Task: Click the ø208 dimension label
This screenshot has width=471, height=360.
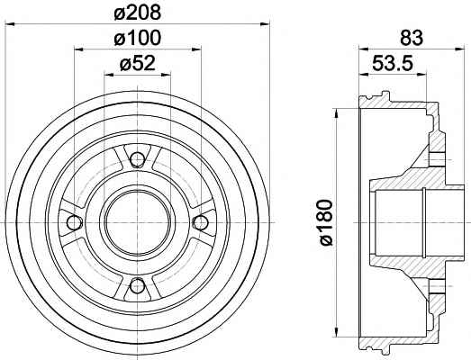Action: pos(138,13)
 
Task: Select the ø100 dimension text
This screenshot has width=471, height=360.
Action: pos(138,39)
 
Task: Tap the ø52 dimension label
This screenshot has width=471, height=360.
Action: pos(138,63)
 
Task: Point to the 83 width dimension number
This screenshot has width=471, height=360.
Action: pos(412,38)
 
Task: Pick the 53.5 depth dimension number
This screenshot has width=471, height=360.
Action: pos(393,63)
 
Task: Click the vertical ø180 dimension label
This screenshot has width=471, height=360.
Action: pos(325,222)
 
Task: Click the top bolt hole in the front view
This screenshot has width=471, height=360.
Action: pos(138,159)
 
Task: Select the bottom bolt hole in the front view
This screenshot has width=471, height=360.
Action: pos(138,285)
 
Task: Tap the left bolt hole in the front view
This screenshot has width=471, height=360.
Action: pos(75,222)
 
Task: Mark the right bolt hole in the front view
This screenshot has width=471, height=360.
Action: pos(201,222)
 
